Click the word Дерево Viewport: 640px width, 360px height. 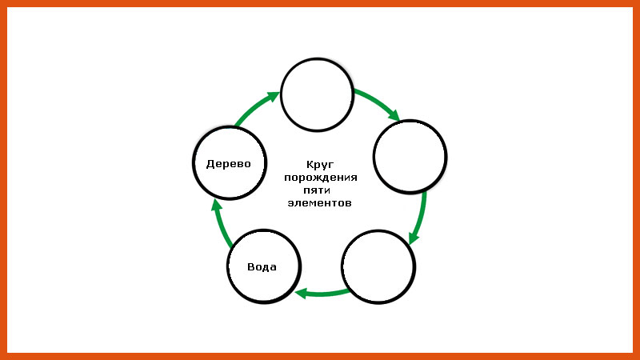(229, 164)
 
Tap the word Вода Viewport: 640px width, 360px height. (262, 267)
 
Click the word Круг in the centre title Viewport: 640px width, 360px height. (320, 165)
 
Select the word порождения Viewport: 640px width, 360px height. (321, 178)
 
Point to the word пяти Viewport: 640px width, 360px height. (317, 190)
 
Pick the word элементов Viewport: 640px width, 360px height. (319, 203)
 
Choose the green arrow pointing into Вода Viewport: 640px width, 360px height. (322, 293)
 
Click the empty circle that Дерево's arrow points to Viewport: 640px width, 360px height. (317, 94)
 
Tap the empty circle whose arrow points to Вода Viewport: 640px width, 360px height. (378, 267)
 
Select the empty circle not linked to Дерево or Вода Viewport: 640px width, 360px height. (410, 156)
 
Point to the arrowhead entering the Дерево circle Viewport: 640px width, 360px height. (216, 205)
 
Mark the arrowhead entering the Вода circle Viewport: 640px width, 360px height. (301, 293)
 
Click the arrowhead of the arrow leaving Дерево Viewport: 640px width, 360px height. (274, 97)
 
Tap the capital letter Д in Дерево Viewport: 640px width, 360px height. (210, 164)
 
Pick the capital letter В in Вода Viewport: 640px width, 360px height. (251, 267)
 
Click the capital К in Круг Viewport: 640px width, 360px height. (310, 164)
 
